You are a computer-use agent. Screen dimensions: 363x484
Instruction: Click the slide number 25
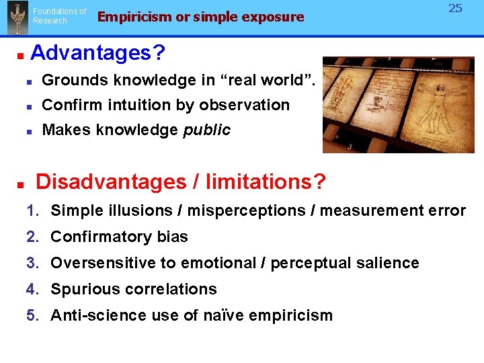pos(456,9)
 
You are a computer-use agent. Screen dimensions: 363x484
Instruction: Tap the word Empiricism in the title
pos(134,17)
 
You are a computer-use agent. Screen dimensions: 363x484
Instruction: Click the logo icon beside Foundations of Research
pos(16,17)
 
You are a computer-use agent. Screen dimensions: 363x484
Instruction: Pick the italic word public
pos(207,130)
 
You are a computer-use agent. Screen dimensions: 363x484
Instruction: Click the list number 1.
pos(32,210)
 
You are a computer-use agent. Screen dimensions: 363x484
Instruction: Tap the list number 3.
pos(32,263)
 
